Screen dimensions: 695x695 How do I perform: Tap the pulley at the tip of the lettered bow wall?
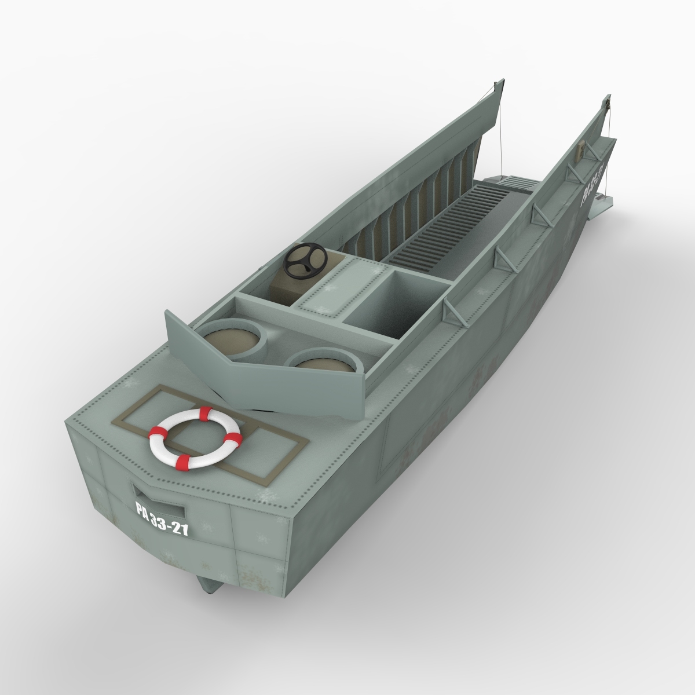(609, 104)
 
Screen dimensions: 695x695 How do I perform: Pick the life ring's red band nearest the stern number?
(183, 462)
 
